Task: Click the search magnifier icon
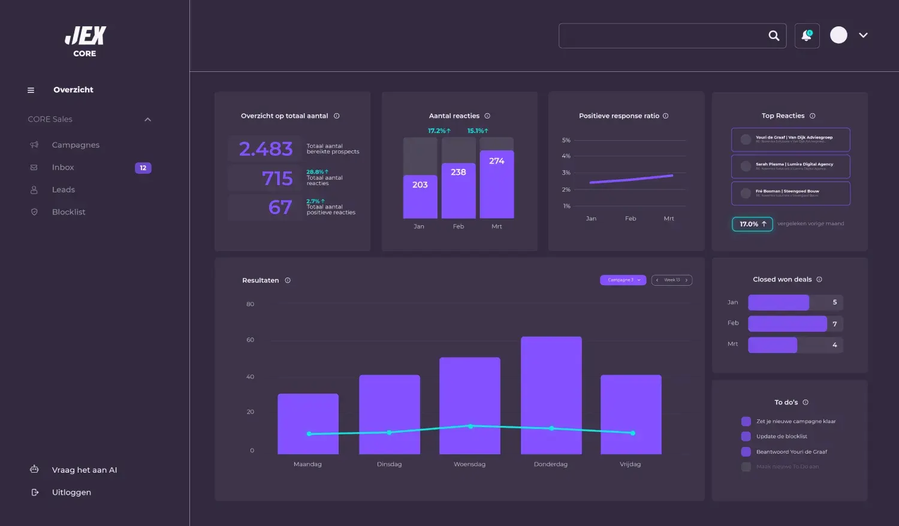tap(774, 36)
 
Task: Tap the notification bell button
tap(807, 36)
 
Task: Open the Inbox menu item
tap(63, 168)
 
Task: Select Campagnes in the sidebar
tap(76, 145)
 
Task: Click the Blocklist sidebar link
tap(68, 212)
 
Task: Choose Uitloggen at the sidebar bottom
tap(71, 492)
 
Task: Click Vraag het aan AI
tap(84, 470)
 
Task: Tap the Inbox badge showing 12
tap(143, 168)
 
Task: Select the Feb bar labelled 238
tap(458, 191)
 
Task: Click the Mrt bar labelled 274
tap(497, 185)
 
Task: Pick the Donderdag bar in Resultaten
tap(551, 395)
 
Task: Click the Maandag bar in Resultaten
tap(308, 424)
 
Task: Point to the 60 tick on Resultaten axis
tap(251, 340)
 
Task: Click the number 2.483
tap(266, 149)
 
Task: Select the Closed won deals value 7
tap(834, 324)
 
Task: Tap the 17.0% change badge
tap(752, 224)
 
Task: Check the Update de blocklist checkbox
tap(746, 437)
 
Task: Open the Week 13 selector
tap(672, 280)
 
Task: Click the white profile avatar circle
tap(838, 35)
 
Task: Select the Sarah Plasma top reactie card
tap(791, 167)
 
